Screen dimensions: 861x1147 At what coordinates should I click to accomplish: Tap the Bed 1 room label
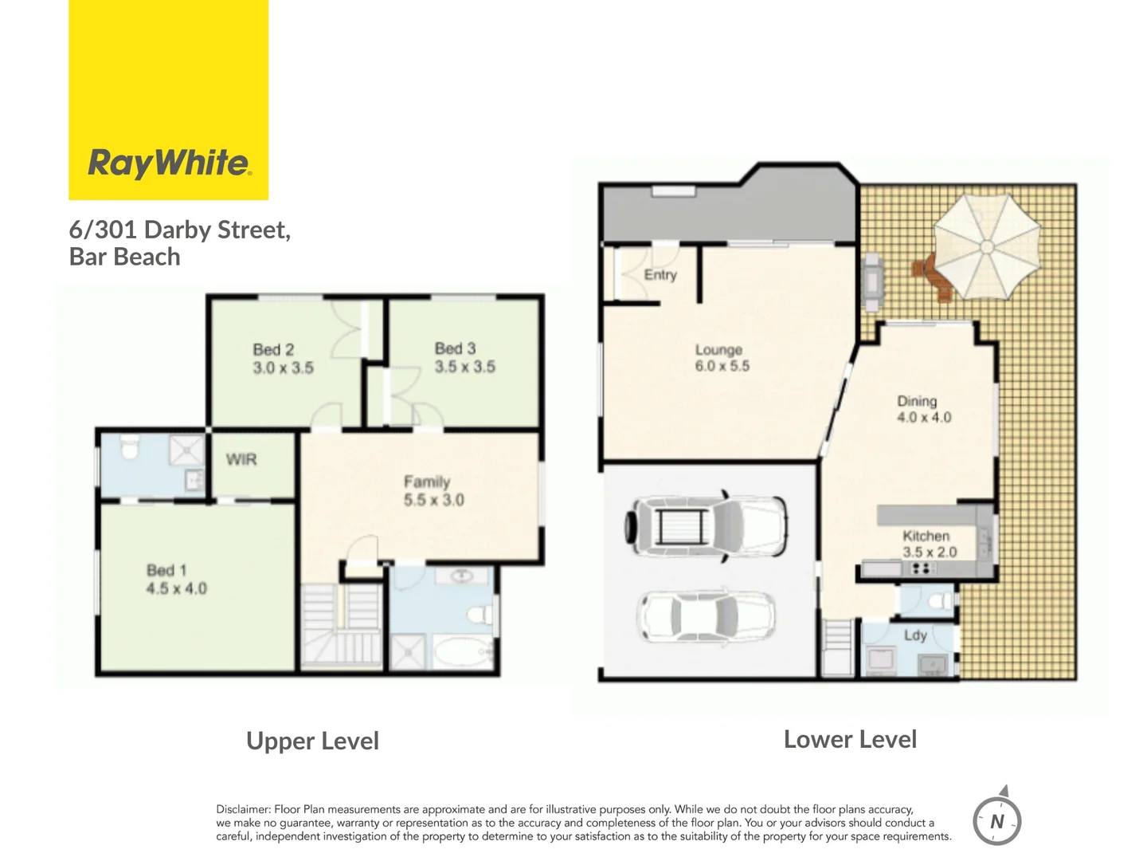point(166,570)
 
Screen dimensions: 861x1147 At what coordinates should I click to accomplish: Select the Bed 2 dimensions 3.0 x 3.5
point(283,368)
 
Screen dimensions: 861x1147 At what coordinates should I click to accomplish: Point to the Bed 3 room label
point(455,348)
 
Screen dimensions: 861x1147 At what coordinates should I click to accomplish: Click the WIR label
point(241,459)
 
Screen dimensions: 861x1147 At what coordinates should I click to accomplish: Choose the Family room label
point(427,482)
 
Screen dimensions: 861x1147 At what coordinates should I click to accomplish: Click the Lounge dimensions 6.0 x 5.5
point(722,367)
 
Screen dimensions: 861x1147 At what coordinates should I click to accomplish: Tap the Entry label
point(660,275)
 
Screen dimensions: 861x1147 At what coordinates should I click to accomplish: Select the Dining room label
point(917,401)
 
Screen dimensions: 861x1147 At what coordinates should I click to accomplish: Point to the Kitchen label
point(926,536)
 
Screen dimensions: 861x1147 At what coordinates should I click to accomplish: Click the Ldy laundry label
point(915,635)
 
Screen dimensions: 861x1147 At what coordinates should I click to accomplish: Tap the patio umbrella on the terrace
point(987,246)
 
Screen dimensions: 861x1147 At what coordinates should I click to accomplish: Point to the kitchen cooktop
point(921,568)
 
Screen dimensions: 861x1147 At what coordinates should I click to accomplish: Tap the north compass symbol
point(996,820)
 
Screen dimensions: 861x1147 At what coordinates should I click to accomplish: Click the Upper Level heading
point(312,741)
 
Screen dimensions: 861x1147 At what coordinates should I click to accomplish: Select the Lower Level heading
point(850,739)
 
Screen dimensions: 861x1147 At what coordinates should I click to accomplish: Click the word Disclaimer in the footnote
point(243,809)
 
